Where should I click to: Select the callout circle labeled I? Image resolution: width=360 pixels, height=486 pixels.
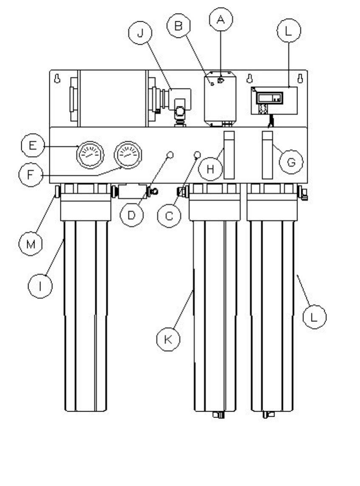click(40, 286)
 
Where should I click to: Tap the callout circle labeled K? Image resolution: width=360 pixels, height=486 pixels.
click(169, 339)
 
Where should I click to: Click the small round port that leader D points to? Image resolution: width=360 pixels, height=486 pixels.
click(169, 154)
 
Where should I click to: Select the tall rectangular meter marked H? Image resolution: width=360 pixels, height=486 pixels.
click(229, 155)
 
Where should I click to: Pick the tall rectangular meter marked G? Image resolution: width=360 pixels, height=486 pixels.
click(267, 155)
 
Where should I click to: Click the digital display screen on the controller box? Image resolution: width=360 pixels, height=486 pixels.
click(269, 98)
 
